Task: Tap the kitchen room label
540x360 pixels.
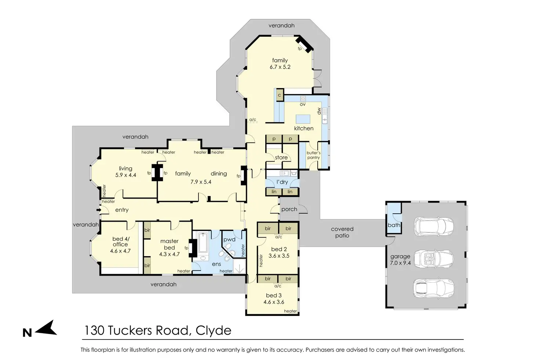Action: click(x=304, y=128)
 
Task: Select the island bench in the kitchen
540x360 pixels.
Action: click(x=303, y=119)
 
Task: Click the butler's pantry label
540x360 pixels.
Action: click(x=313, y=155)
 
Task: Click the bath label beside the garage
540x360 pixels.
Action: click(x=394, y=225)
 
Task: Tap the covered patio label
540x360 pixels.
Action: click(x=342, y=232)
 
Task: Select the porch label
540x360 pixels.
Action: click(x=289, y=210)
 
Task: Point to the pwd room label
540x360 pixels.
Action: click(x=229, y=240)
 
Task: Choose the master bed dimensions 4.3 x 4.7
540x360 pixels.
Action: click(x=169, y=254)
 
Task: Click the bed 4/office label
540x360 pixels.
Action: click(x=120, y=241)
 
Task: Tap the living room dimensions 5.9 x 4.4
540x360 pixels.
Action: click(x=125, y=175)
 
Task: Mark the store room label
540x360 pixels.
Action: click(x=281, y=158)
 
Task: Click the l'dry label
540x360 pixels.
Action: click(x=282, y=182)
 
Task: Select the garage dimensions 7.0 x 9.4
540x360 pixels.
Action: click(x=400, y=263)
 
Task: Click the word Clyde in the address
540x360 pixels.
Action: click(x=214, y=331)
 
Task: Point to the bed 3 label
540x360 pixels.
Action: click(x=274, y=295)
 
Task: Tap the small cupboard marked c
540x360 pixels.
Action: click(x=279, y=95)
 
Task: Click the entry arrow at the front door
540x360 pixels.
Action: click(x=98, y=210)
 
